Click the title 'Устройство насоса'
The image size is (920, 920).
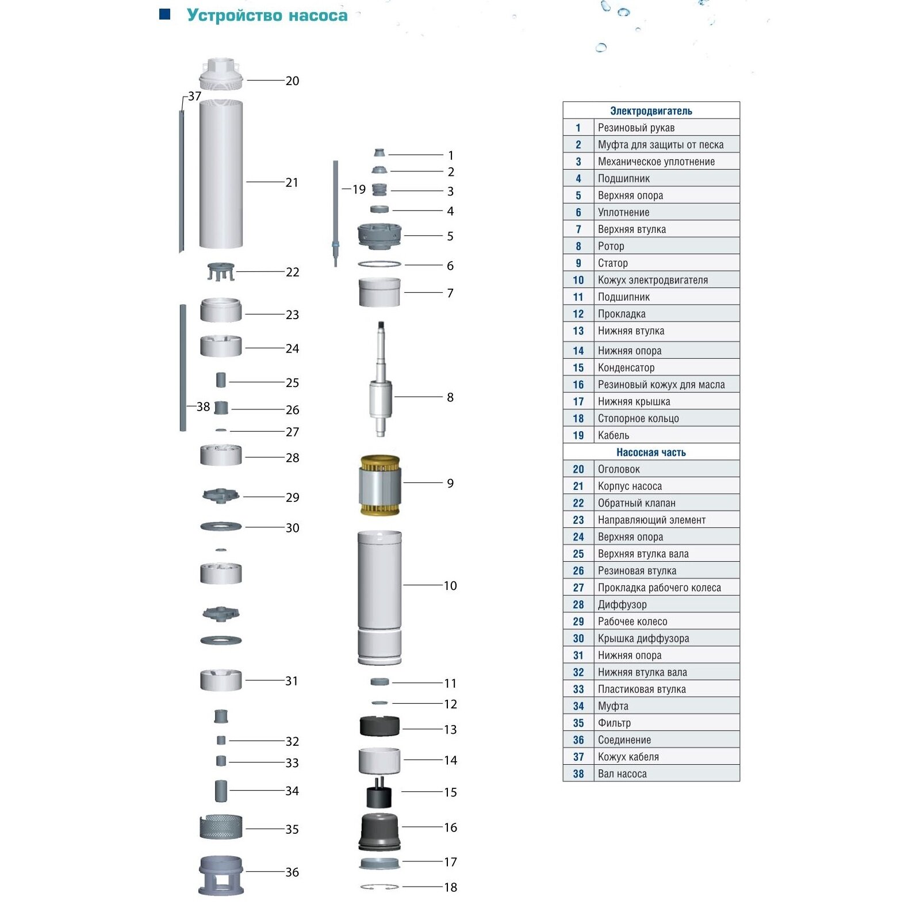267,16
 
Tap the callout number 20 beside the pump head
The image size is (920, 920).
292,81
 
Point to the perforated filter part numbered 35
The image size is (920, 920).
221,827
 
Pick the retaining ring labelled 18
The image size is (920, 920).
379,887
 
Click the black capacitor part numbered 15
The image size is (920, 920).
379,794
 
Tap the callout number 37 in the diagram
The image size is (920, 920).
195,96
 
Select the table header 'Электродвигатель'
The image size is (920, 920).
651,111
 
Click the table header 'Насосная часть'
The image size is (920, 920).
651,453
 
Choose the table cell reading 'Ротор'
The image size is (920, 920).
611,246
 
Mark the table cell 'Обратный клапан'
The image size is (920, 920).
637,503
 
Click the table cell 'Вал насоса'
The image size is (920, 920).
622,774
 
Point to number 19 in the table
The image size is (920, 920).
578,435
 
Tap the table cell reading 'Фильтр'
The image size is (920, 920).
614,723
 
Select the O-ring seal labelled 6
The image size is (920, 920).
379,264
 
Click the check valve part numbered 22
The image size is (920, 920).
221,271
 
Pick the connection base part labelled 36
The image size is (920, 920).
221,875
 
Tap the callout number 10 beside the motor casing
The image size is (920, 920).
450,586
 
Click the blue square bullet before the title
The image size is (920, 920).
165,14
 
